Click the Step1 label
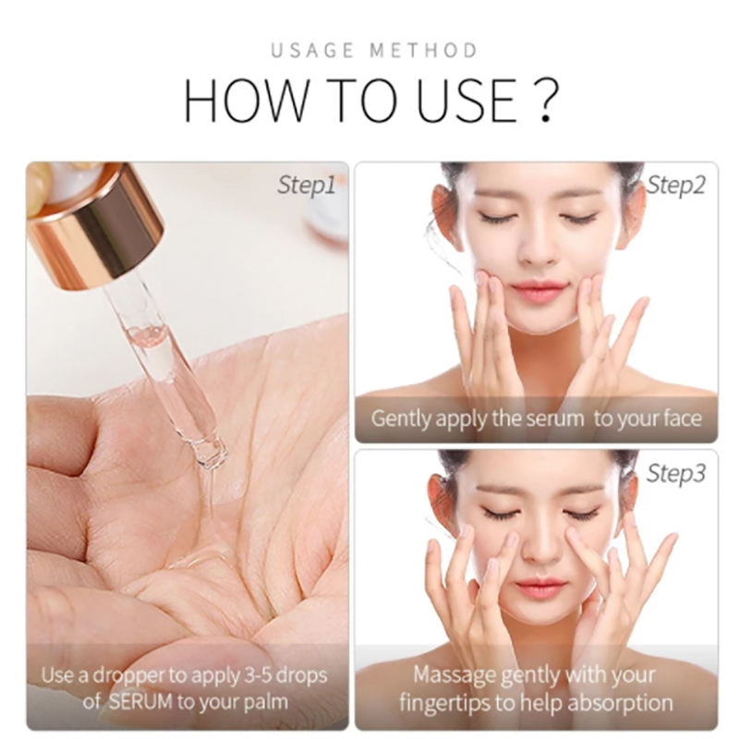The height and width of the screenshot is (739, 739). pyautogui.click(x=307, y=186)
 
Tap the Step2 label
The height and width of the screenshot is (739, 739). pyautogui.click(x=676, y=186)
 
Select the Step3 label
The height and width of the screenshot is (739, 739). pyautogui.click(x=676, y=474)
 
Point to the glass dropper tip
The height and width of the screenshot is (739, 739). pyautogui.click(x=212, y=454)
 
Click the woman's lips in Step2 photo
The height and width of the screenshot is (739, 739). pyautogui.click(x=538, y=293)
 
